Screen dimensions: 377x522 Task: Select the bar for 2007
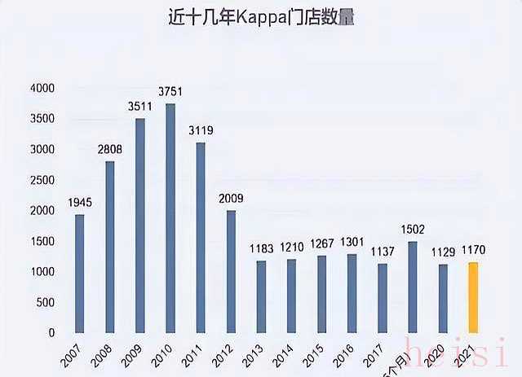point(80,273)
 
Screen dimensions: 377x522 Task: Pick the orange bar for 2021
point(472,297)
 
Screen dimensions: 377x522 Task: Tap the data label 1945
point(80,203)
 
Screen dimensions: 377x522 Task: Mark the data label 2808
point(110,151)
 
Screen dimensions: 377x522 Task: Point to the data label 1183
point(261,249)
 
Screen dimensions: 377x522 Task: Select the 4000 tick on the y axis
point(42,88)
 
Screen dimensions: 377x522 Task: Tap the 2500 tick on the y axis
point(42,180)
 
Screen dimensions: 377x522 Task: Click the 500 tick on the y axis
point(45,302)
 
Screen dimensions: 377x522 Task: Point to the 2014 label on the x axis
point(284,355)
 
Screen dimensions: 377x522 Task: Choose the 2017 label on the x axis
point(374,355)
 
